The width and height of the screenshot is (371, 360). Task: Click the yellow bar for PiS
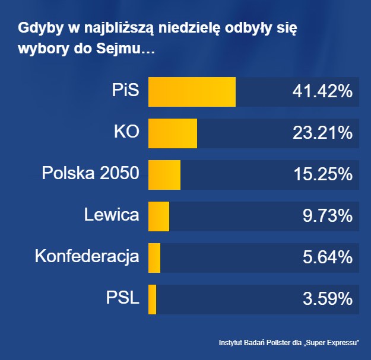[x=191, y=92]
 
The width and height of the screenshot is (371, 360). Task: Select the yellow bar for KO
[x=172, y=133]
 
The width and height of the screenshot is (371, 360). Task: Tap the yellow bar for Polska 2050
[x=164, y=175]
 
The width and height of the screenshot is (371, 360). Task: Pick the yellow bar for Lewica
[x=158, y=216]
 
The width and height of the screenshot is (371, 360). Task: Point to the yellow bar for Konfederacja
[x=154, y=258]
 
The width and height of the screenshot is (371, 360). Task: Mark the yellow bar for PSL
[x=153, y=300]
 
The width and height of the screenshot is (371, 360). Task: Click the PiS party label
[x=125, y=91]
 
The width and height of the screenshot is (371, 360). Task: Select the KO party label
[x=126, y=133]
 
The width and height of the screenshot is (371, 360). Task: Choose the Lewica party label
[x=112, y=216]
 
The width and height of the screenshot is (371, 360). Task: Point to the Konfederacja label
[x=87, y=257]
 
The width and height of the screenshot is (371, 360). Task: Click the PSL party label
[x=122, y=299]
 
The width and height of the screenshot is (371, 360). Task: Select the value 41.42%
[x=322, y=92]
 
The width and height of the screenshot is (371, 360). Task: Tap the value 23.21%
[x=322, y=133]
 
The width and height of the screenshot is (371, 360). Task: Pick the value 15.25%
[x=322, y=175]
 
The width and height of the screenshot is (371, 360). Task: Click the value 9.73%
[x=327, y=216]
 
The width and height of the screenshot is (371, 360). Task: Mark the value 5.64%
[x=327, y=258]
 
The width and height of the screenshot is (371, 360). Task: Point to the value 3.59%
[x=327, y=300]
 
